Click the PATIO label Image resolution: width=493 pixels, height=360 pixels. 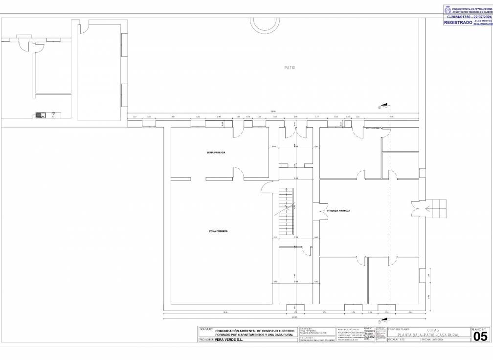[290, 67]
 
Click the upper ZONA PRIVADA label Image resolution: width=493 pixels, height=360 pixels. [216, 153]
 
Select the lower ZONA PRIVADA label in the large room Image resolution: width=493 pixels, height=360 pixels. [218, 231]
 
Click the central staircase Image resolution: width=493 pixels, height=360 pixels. [286, 211]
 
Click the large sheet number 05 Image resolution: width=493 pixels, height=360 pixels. [480, 337]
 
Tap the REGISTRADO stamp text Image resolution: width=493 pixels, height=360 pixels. [458, 22]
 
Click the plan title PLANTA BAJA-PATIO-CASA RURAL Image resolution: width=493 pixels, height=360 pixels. [428, 335]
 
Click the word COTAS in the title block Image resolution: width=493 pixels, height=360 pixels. [426, 330]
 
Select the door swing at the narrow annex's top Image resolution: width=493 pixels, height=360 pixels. [84, 27]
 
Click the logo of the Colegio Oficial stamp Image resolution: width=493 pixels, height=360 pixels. [447, 10]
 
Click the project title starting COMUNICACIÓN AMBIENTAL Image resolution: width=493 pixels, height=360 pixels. [254, 333]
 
